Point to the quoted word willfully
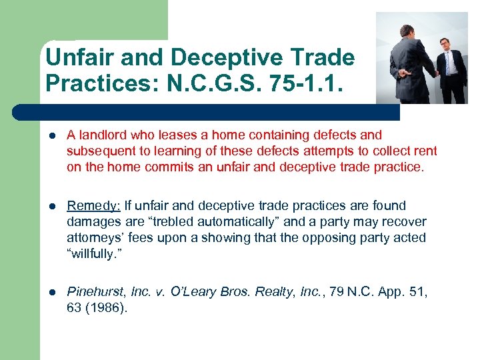click(x=95, y=253)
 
